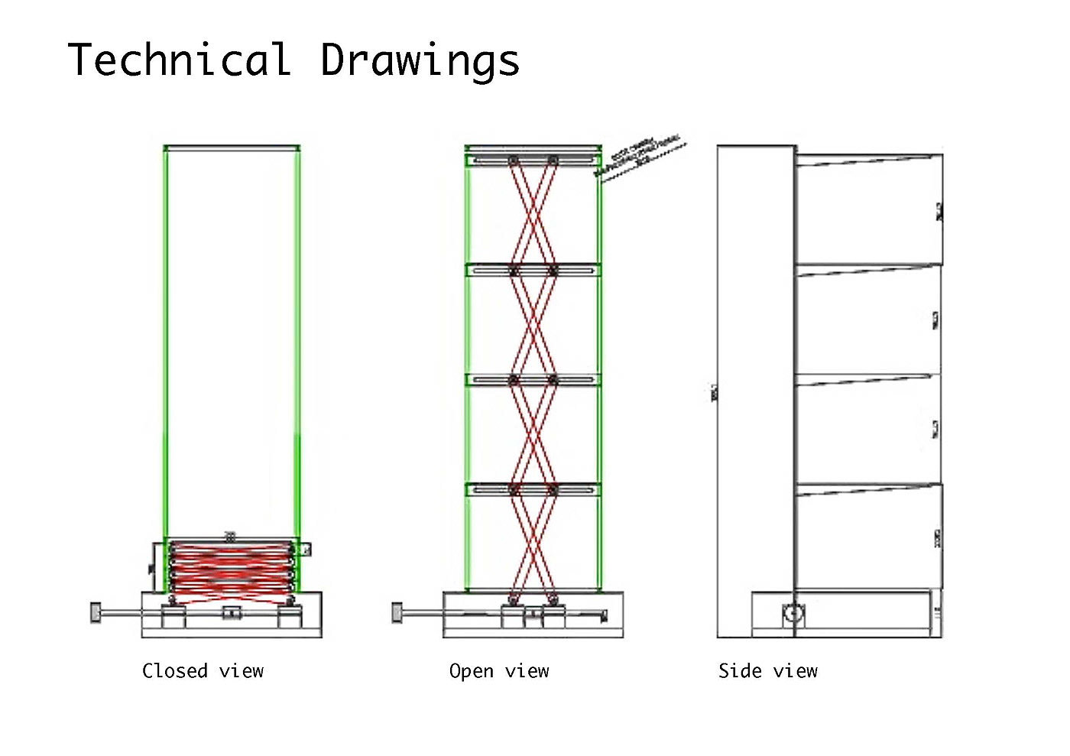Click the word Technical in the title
tap(180, 60)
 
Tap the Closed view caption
tap(203, 671)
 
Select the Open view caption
tap(499, 671)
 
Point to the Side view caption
tap(767, 671)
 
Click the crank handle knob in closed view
tap(96, 612)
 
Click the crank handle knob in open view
tap(397, 612)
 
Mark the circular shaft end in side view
tap(793, 613)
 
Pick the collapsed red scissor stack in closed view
tap(231, 567)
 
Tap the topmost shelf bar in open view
tap(533, 160)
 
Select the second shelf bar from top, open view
tap(533, 270)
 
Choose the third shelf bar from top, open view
tap(533, 379)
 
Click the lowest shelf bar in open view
tap(533, 489)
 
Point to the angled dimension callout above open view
tap(639, 157)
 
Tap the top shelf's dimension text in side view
tap(939, 212)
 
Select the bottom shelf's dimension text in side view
tap(938, 538)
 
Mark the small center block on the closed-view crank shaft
tap(232, 612)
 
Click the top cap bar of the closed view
tap(232, 148)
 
